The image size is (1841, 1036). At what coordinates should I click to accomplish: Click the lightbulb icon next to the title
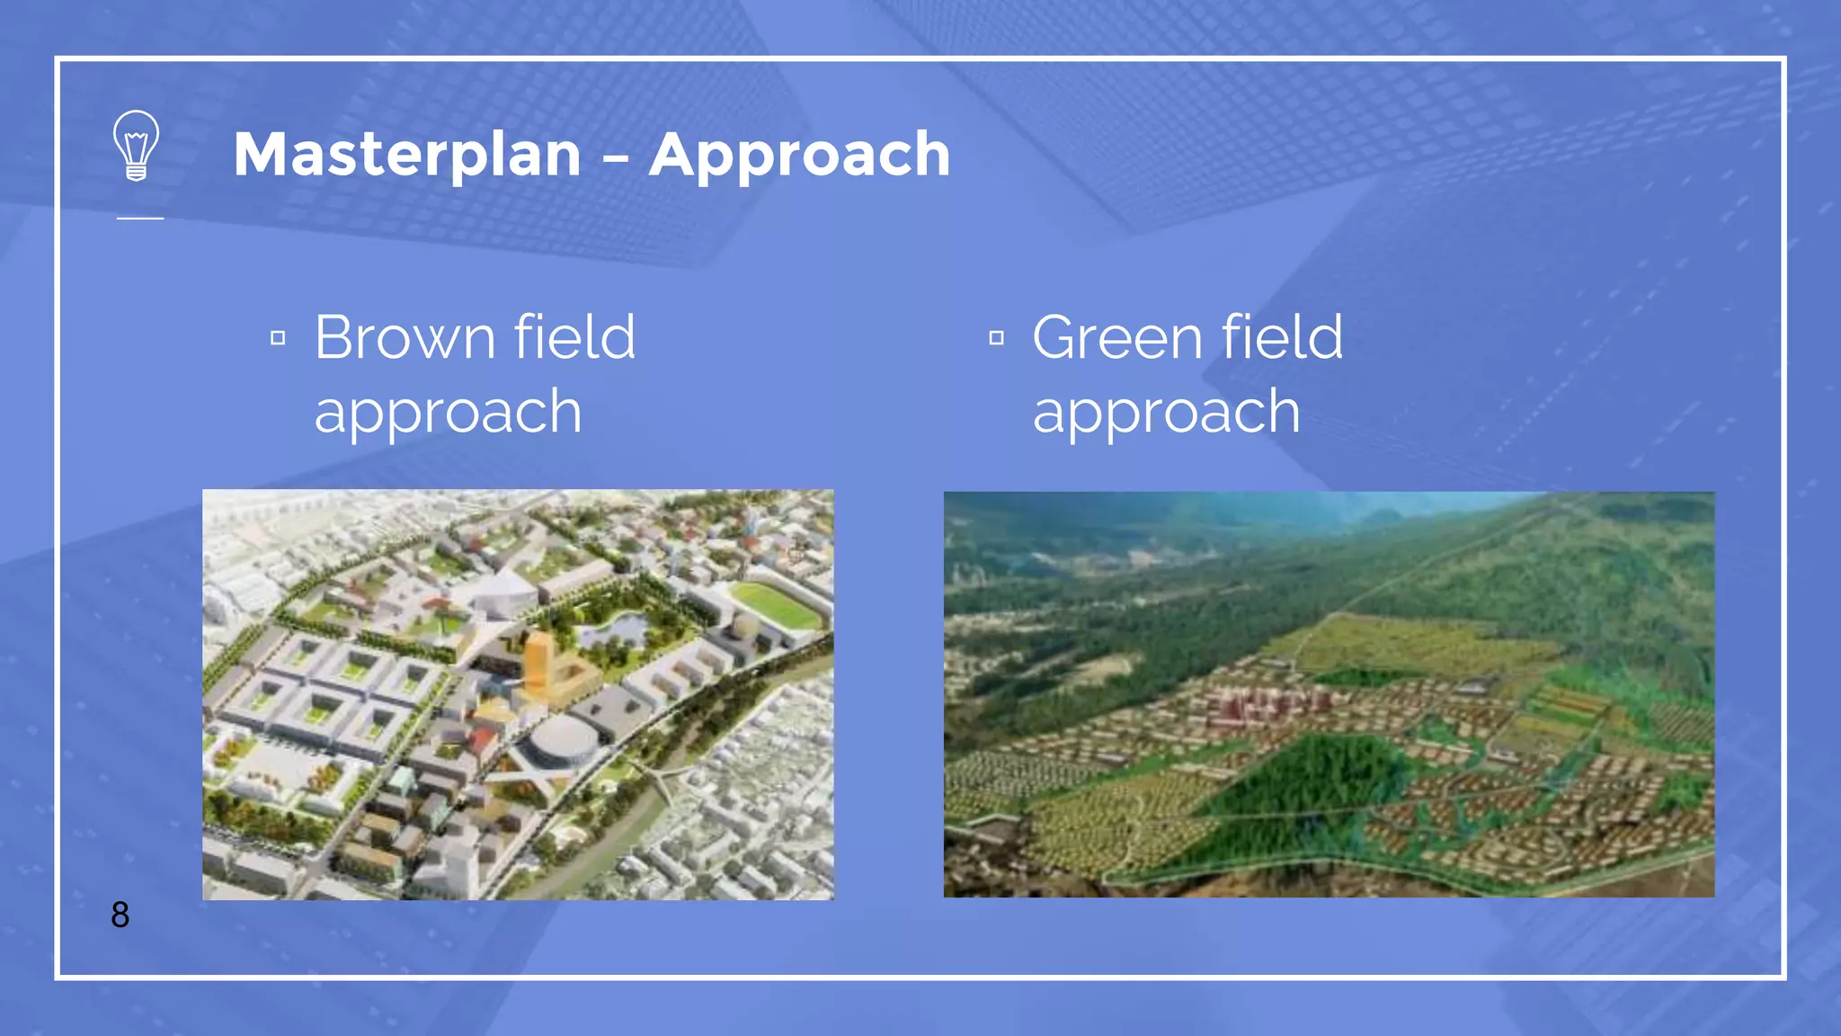click(x=136, y=146)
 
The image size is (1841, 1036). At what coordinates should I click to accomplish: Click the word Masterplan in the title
click(x=407, y=154)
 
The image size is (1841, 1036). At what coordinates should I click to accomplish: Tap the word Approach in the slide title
click(x=799, y=154)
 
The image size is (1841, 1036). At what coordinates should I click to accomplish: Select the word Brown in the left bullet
click(x=405, y=337)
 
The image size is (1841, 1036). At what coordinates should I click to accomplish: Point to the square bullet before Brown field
click(x=278, y=338)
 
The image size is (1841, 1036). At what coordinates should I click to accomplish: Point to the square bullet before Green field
click(x=996, y=338)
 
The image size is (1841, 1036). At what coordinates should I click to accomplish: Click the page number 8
click(x=120, y=915)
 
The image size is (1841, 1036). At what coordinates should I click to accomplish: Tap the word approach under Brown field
click(x=448, y=412)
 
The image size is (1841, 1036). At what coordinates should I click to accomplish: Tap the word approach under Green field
click(x=1166, y=412)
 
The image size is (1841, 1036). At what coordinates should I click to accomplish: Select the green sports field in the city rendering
click(x=775, y=605)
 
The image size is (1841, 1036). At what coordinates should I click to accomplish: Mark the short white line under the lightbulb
click(x=140, y=218)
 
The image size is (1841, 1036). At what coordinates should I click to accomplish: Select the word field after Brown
click(x=574, y=337)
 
